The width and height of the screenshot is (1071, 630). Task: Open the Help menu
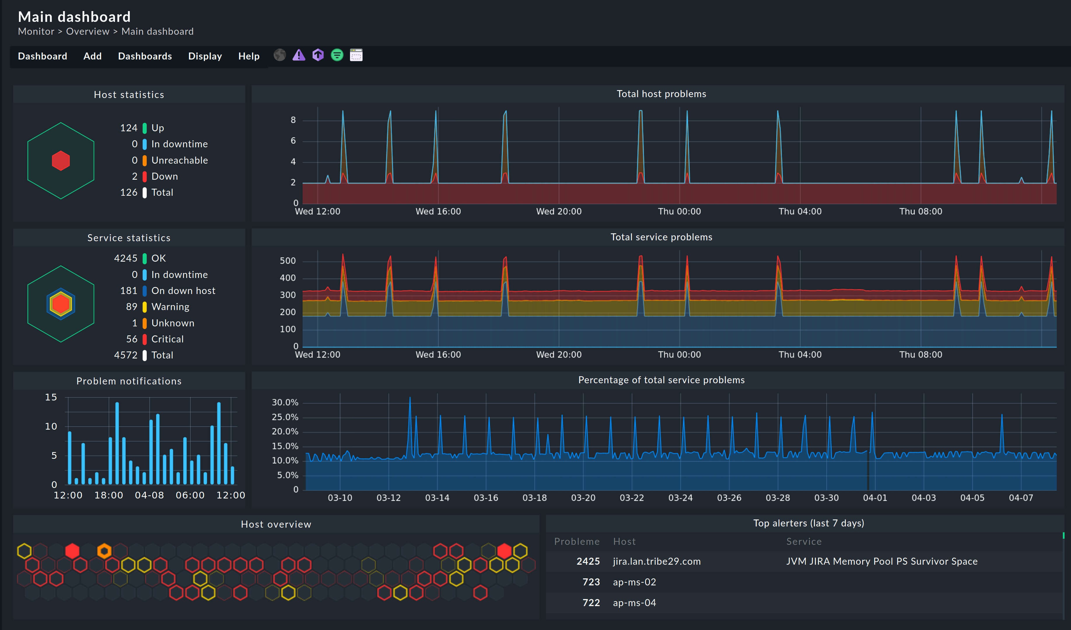[249, 56]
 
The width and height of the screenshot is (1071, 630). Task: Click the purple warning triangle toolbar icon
[299, 55]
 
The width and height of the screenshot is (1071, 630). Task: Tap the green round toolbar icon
[337, 55]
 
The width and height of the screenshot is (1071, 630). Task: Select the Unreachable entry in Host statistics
[179, 160]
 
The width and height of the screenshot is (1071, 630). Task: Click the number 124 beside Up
[129, 128]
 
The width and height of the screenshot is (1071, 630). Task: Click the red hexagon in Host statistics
[61, 161]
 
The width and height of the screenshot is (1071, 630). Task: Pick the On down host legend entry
[183, 291]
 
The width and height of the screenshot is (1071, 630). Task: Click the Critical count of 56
[132, 339]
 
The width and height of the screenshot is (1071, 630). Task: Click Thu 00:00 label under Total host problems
[679, 211]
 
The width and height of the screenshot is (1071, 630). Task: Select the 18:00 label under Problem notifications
[108, 495]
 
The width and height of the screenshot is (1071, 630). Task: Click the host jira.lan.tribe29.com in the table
[657, 561]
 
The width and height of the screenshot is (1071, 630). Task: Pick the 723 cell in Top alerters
[591, 582]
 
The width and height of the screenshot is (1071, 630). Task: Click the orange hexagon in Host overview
[104, 551]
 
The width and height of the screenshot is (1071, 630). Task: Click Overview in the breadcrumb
[87, 32]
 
